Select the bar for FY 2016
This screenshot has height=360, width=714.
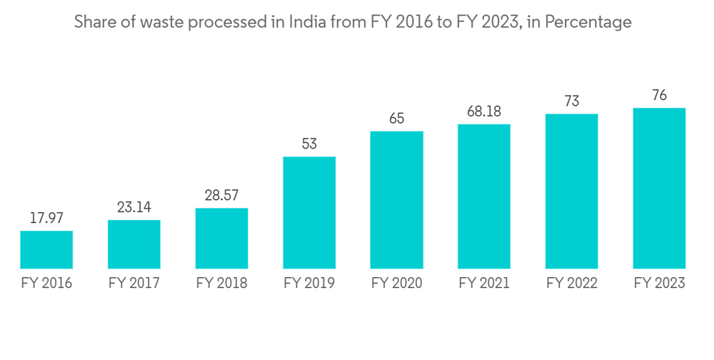(x=46, y=249)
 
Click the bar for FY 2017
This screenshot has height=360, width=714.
(x=134, y=244)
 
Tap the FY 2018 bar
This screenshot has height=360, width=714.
(x=221, y=239)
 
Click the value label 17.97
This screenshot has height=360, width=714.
(x=46, y=218)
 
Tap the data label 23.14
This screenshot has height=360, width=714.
(x=134, y=207)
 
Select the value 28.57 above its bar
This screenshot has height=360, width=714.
(x=221, y=196)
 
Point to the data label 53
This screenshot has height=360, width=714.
(x=309, y=144)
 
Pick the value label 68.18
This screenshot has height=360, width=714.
(x=484, y=112)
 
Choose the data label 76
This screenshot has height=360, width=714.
(x=660, y=96)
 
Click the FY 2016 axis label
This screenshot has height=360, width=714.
(x=46, y=284)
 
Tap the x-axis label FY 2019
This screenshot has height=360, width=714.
(x=309, y=284)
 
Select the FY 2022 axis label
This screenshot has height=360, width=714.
(x=572, y=284)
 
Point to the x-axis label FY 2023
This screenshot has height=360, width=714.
(x=660, y=284)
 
